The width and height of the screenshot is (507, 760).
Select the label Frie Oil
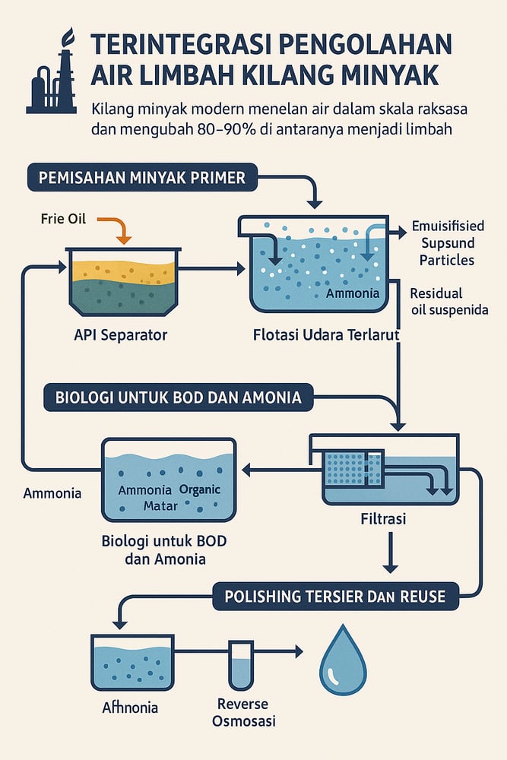[64, 219]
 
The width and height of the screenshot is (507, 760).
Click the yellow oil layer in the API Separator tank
[125, 268]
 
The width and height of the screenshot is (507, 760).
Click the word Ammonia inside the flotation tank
[348, 293]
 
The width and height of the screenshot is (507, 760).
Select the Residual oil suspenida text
[448, 301]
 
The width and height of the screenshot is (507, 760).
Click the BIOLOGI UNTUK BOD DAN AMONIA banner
[179, 396]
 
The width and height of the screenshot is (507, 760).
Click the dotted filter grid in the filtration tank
[346, 469]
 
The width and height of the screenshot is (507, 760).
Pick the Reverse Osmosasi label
[242, 712]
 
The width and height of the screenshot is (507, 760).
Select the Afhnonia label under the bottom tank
[130, 707]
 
